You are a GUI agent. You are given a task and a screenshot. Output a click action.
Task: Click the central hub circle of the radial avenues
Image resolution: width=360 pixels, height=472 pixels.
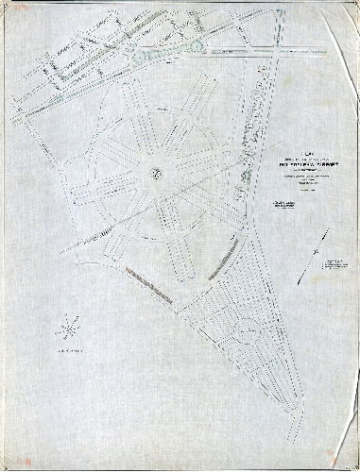pos(158,171)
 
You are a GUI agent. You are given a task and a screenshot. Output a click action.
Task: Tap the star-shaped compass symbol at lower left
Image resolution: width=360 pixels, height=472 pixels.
pos(65,329)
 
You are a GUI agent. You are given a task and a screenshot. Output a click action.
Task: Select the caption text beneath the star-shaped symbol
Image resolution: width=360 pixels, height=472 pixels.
pos(64,350)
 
